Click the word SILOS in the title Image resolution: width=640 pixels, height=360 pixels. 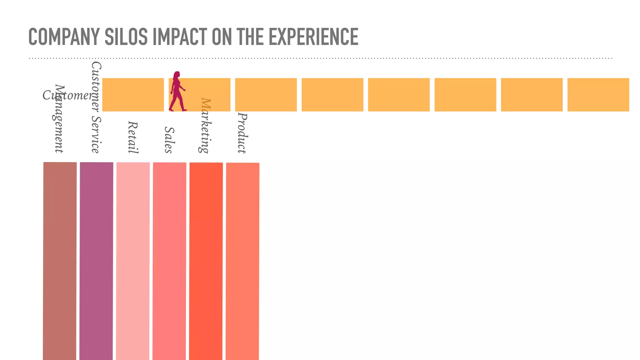click(126, 37)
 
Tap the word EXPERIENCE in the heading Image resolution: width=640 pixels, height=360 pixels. click(313, 37)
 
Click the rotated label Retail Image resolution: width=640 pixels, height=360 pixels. click(133, 137)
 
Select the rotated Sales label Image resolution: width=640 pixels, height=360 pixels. click(169, 140)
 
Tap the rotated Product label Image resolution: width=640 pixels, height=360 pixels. click(242, 133)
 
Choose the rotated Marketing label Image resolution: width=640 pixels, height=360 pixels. click(206, 126)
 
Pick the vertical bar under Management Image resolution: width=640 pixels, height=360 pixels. click(60, 261)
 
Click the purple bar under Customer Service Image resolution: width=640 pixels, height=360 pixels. click(96, 261)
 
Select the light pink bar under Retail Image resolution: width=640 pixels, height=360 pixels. click(133, 261)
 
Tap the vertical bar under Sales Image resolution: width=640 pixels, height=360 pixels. click(169, 261)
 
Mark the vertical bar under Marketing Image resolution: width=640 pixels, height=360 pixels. click(206, 261)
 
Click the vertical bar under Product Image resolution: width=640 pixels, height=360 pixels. click(242, 261)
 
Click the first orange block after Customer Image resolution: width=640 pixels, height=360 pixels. click(133, 95)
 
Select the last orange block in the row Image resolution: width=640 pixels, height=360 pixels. click(598, 95)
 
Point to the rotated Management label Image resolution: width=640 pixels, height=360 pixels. click(59, 119)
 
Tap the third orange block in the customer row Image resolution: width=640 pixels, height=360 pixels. click(266, 95)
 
